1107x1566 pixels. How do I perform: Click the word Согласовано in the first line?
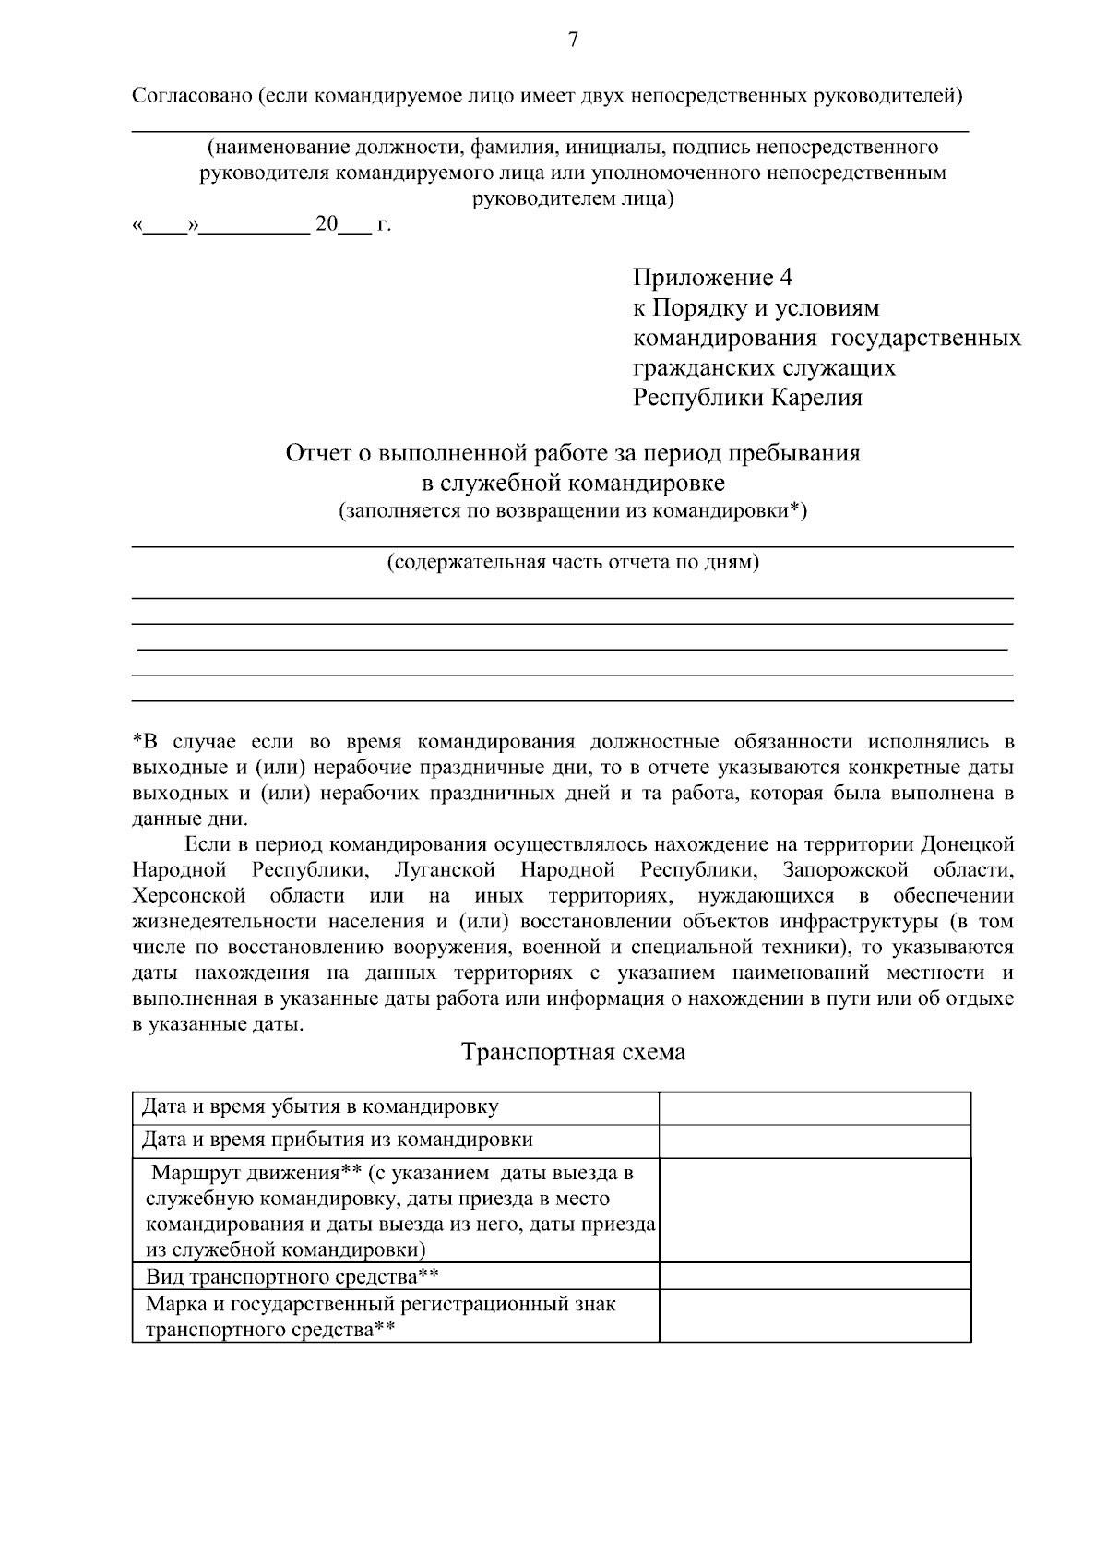point(191,96)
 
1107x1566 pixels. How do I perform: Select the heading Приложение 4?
point(712,278)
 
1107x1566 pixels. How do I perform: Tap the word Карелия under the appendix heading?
point(816,399)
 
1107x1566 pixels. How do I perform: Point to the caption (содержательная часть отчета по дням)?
point(572,563)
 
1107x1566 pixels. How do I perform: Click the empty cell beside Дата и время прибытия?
point(815,1141)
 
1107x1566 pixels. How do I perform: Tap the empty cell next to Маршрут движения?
point(815,1211)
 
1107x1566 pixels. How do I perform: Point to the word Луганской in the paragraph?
point(444,870)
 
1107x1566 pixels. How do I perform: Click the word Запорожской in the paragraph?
point(845,870)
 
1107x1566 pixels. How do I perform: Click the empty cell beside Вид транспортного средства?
point(815,1277)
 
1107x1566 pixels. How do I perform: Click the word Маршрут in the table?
point(195,1174)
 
